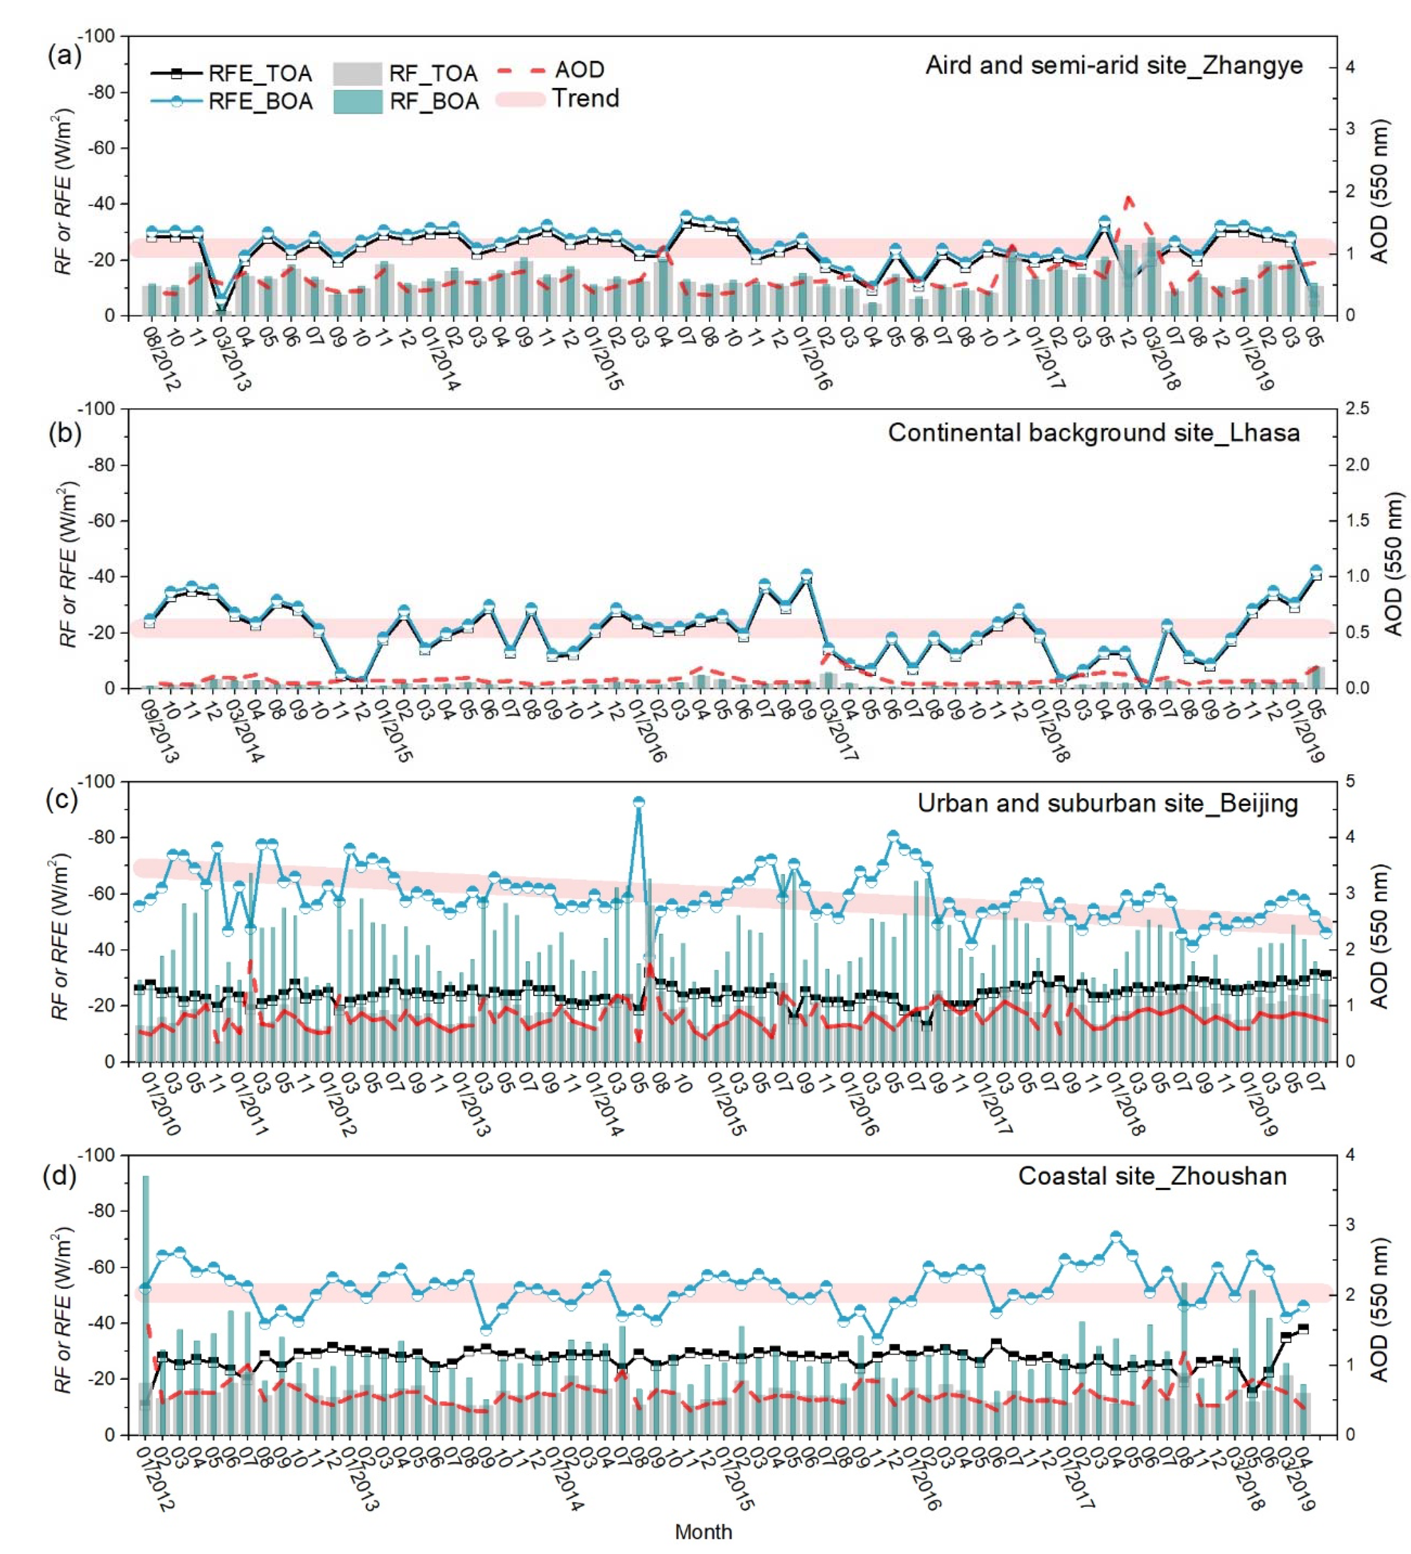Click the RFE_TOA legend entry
pos(231,73)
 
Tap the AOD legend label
pos(579,70)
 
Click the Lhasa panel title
pos(1094,432)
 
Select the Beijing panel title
pos(1107,803)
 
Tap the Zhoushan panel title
pos(1152,1176)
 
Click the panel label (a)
pos(64,56)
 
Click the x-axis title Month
pos(703,1531)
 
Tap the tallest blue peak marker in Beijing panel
pos(639,802)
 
